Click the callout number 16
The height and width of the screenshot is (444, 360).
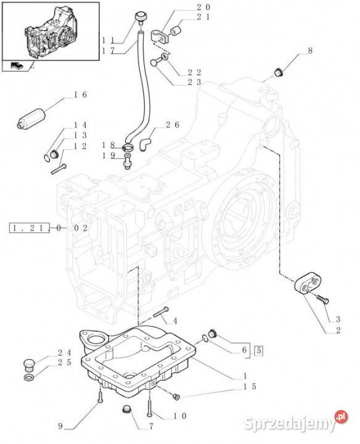tap(80, 95)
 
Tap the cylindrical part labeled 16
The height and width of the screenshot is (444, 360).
tap(31, 118)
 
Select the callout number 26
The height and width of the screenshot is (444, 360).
tap(173, 125)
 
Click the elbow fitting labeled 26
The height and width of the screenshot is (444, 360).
tap(145, 143)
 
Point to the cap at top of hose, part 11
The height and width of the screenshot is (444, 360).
tap(140, 16)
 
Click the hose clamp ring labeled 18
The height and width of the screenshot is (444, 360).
tap(128, 147)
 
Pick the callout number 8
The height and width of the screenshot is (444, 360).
tap(310, 51)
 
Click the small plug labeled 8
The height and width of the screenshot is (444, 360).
tap(278, 73)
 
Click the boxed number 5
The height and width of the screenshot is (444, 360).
tap(259, 351)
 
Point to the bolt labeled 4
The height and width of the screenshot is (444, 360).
tap(161, 312)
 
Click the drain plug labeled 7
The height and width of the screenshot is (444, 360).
tap(126, 409)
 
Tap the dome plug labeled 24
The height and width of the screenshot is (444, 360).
tap(28, 365)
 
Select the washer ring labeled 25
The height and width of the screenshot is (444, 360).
tap(28, 377)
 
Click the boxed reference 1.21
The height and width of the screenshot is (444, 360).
tap(30, 228)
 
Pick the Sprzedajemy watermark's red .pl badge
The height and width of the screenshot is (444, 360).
tap(341, 417)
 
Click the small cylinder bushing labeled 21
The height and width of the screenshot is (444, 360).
tap(176, 30)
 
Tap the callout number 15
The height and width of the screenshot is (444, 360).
tap(250, 387)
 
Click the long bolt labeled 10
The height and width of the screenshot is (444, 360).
tap(150, 405)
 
